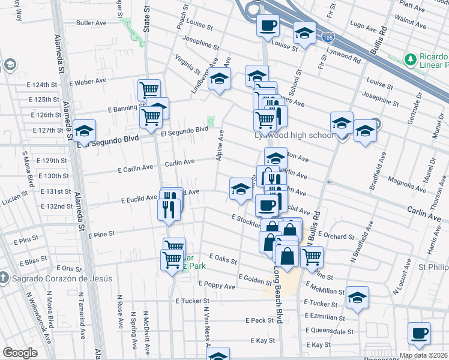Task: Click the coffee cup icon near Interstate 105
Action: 268,26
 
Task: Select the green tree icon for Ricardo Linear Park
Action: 411,59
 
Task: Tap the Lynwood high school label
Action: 294,135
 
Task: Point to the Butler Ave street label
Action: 91,23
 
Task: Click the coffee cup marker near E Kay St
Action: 419,332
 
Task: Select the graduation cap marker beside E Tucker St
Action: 357,297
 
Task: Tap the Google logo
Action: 20,353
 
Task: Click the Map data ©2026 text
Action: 423,355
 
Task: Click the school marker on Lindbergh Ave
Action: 220,78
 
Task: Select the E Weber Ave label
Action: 88,80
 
